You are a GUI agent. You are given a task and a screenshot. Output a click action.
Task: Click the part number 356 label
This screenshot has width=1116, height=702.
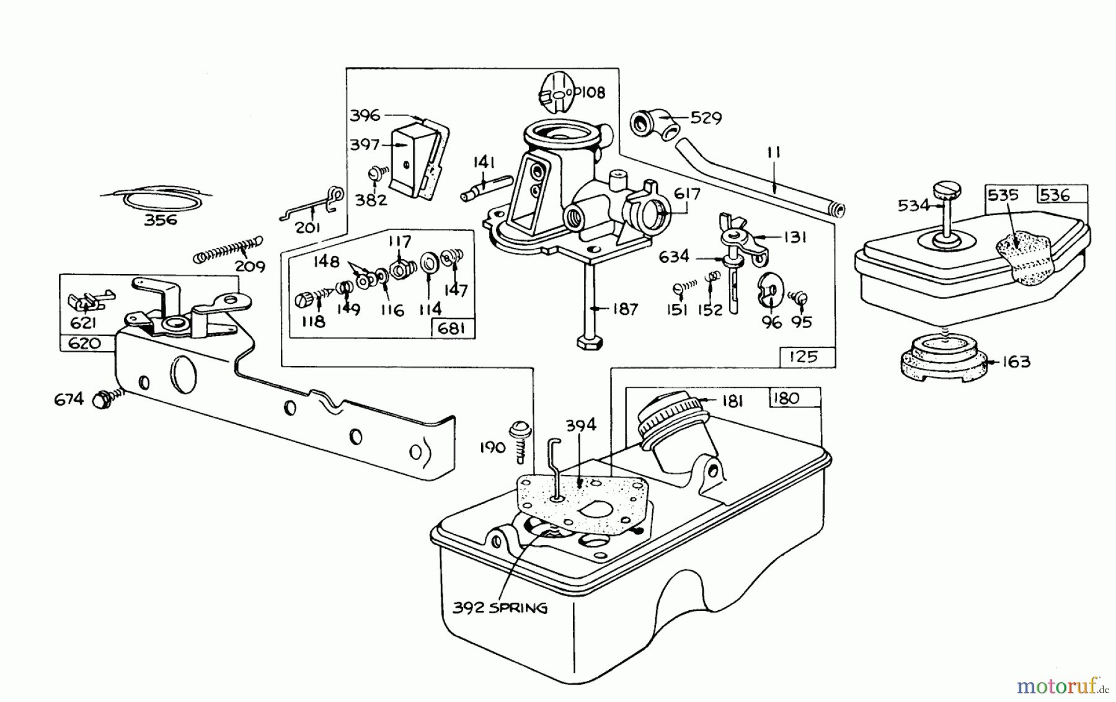click(x=160, y=220)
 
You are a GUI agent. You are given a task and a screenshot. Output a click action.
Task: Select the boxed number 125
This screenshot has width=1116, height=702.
click(x=804, y=357)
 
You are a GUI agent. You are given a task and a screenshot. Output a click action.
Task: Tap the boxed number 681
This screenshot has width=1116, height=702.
click(x=451, y=329)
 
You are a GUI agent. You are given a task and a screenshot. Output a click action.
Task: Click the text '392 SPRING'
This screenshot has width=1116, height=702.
click(x=500, y=608)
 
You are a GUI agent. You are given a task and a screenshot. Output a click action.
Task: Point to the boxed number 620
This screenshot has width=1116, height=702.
click(x=84, y=343)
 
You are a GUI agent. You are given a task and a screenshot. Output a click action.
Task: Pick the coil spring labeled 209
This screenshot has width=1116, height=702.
click(x=227, y=249)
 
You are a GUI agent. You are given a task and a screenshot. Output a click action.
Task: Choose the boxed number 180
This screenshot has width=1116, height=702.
click(x=787, y=398)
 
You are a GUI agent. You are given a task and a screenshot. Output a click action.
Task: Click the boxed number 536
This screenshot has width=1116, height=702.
click(x=1055, y=195)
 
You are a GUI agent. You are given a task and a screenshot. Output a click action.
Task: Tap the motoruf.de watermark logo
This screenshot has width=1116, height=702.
click(x=1061, y=686)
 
